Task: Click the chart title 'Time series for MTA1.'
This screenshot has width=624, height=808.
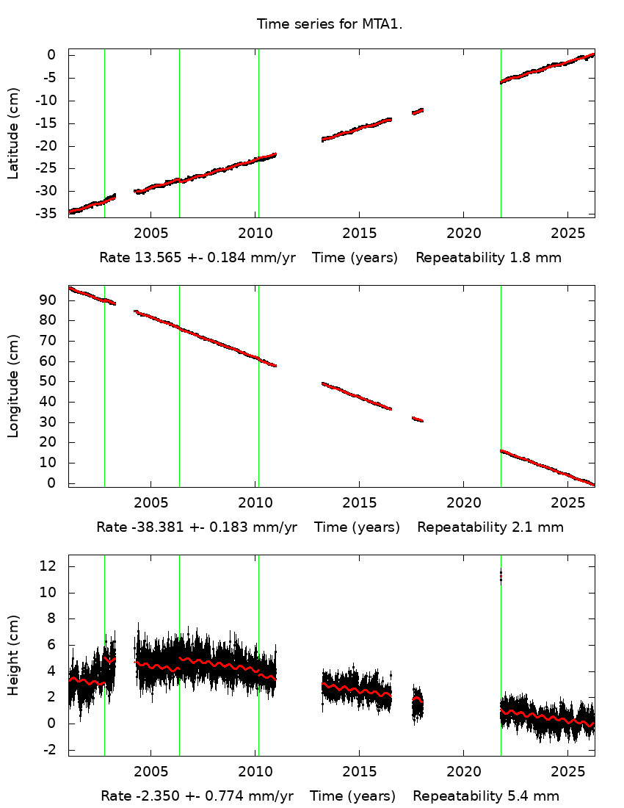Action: (x=330, y=24)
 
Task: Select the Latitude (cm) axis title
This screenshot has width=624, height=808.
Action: (x=13, y=133)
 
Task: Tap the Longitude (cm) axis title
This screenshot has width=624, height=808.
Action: (x=13, y=386)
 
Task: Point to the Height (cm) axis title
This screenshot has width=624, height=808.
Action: (x=13, y=655)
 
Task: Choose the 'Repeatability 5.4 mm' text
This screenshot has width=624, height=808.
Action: (x=486, y=796)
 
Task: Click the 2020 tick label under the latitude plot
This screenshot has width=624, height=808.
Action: (x=463, y=233)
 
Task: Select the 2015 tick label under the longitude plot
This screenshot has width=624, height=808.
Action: (x=359, y=502)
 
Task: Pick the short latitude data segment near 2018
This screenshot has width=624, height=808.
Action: (x=418, y=111)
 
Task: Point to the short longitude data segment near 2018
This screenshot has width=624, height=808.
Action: (x=418, y=419)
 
